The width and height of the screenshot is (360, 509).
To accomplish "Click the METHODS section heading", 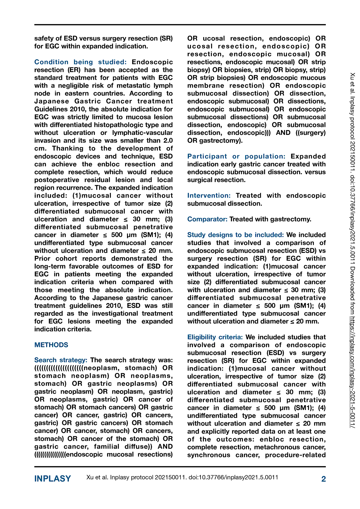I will tap(51, 345).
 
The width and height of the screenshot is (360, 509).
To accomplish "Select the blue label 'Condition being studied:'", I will tap(80, 62).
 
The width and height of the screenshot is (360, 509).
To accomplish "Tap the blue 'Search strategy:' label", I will tap(61, 360).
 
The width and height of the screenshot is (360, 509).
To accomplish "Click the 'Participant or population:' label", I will tap(236, 156).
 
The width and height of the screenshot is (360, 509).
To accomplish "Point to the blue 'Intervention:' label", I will tap(209, 196).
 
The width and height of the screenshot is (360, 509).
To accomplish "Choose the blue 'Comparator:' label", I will tap(207, 219).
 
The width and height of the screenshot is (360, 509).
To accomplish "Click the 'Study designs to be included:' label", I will tap(235, 235).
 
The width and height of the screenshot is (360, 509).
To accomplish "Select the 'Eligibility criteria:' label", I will tap(215, 337).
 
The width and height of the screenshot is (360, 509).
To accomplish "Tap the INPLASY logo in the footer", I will tap(53, 479).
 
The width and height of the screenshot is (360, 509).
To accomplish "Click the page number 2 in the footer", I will tap(324, 479).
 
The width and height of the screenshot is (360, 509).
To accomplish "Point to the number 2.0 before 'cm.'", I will tap(167, 141).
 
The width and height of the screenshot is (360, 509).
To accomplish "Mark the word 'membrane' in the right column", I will tap(204, 86).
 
